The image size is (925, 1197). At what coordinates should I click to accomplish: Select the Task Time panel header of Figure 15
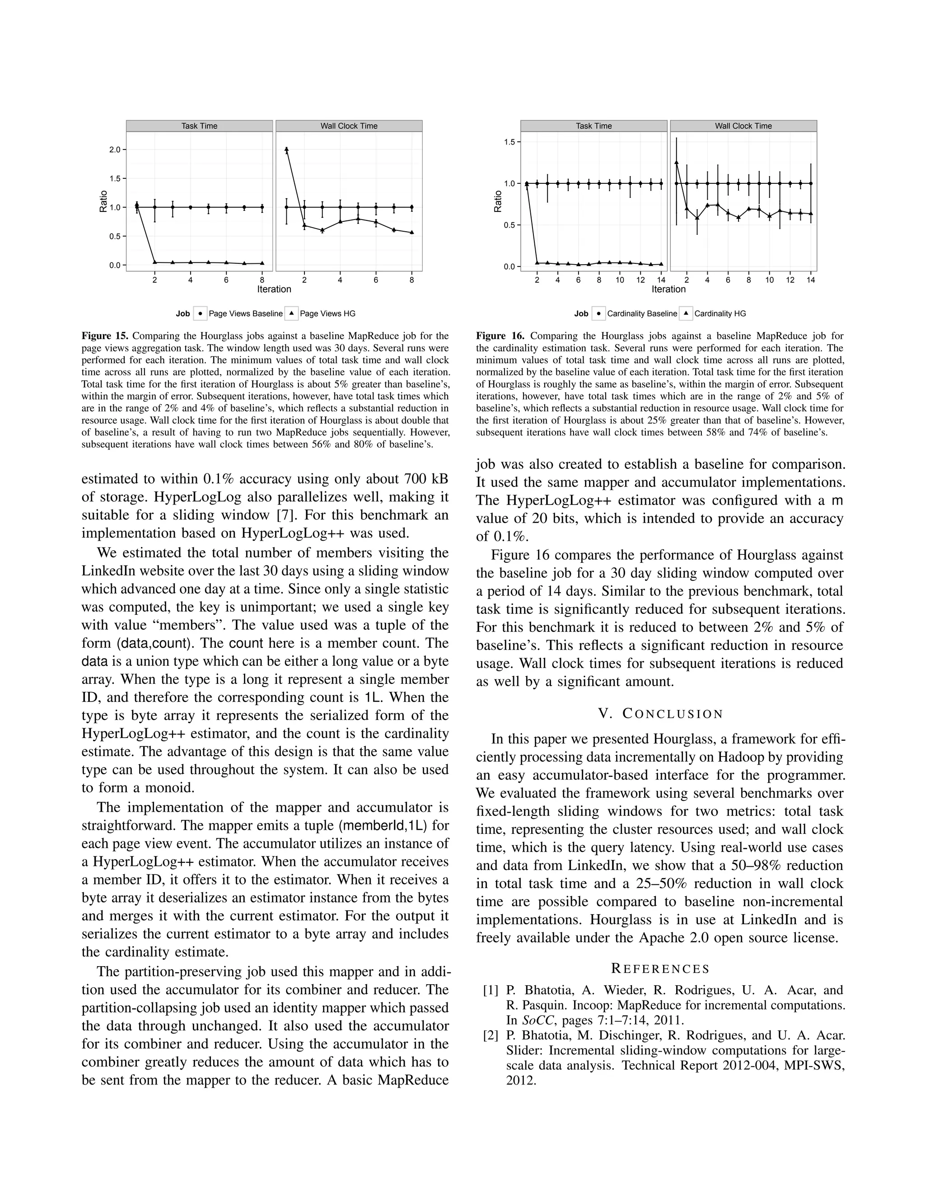click(x=200, y=126)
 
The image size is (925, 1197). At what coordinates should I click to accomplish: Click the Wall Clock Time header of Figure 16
click(x=743, y=126)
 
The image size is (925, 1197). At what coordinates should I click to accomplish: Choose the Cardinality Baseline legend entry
click(x=642, y=313)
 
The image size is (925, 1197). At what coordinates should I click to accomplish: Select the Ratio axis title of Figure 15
click(x=103, y=201)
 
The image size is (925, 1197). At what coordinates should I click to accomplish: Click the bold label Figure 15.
click(x=105, y=336)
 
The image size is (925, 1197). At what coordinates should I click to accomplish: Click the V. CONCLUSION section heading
click(x=660, y=714)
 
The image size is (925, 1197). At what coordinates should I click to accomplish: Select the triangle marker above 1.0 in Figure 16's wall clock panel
click(x=677, y=162)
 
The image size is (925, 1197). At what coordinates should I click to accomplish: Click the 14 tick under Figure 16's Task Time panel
click(x=661, y=280)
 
